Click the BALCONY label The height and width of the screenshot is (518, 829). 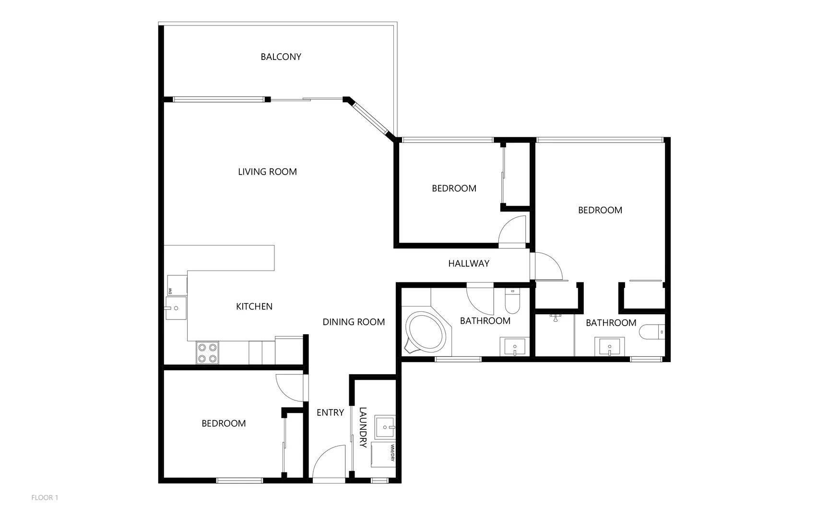pos(281,57)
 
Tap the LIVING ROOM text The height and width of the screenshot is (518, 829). pos(267,172)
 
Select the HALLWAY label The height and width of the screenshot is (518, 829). pos(469,263)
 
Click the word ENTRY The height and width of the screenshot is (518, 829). pos(330,412)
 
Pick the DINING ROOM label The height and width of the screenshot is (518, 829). pos(354,322)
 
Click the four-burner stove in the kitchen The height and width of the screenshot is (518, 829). pos(207,353)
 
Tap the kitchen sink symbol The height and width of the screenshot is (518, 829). pos(175,308)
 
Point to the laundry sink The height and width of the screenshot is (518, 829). pos(385,427)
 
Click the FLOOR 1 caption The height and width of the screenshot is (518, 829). pos(45,497)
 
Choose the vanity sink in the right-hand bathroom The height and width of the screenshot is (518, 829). pos(610,346)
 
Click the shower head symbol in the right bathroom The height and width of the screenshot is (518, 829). pos(556,318)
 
